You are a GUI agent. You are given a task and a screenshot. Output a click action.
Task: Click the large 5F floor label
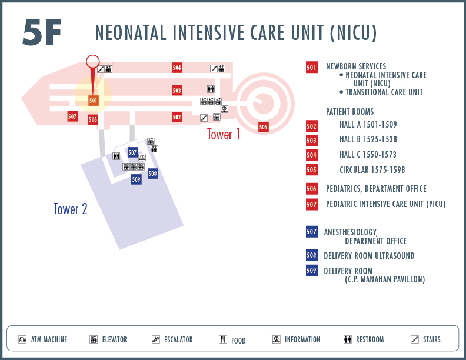(42, 32)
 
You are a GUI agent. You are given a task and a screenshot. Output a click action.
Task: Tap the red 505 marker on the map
(264, 127)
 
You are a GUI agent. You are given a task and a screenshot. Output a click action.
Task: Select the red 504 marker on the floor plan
(177, 68)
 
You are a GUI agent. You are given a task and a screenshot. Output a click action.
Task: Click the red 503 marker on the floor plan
(177, 91)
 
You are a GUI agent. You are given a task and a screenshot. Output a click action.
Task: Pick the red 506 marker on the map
(93, 119)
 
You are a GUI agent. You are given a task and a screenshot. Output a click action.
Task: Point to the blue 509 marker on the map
(136, 179)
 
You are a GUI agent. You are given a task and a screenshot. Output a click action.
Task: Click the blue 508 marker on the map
(153, 174)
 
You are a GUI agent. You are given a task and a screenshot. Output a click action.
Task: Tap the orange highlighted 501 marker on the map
(93, 101)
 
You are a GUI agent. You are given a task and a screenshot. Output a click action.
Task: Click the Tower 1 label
(223, 134)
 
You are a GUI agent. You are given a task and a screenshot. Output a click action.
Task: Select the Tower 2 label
(71, 209)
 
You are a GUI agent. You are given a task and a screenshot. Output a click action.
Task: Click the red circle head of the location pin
(93, 61)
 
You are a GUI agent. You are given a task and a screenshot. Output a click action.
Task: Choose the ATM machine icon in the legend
(22, 339)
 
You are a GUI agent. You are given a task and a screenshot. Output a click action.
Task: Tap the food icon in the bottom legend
(223, 339)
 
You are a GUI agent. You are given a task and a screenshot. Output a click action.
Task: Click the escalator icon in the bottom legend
(156, 339)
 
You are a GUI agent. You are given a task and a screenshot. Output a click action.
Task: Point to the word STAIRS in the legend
(431, 339)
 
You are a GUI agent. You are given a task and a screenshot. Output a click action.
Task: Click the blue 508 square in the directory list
(311, 255)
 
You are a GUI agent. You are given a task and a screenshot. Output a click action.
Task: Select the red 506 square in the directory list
(311, 189)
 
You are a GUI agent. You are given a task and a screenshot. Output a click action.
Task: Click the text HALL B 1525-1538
(368, 139)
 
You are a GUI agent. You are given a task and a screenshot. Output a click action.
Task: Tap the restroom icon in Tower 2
(116, 156)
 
